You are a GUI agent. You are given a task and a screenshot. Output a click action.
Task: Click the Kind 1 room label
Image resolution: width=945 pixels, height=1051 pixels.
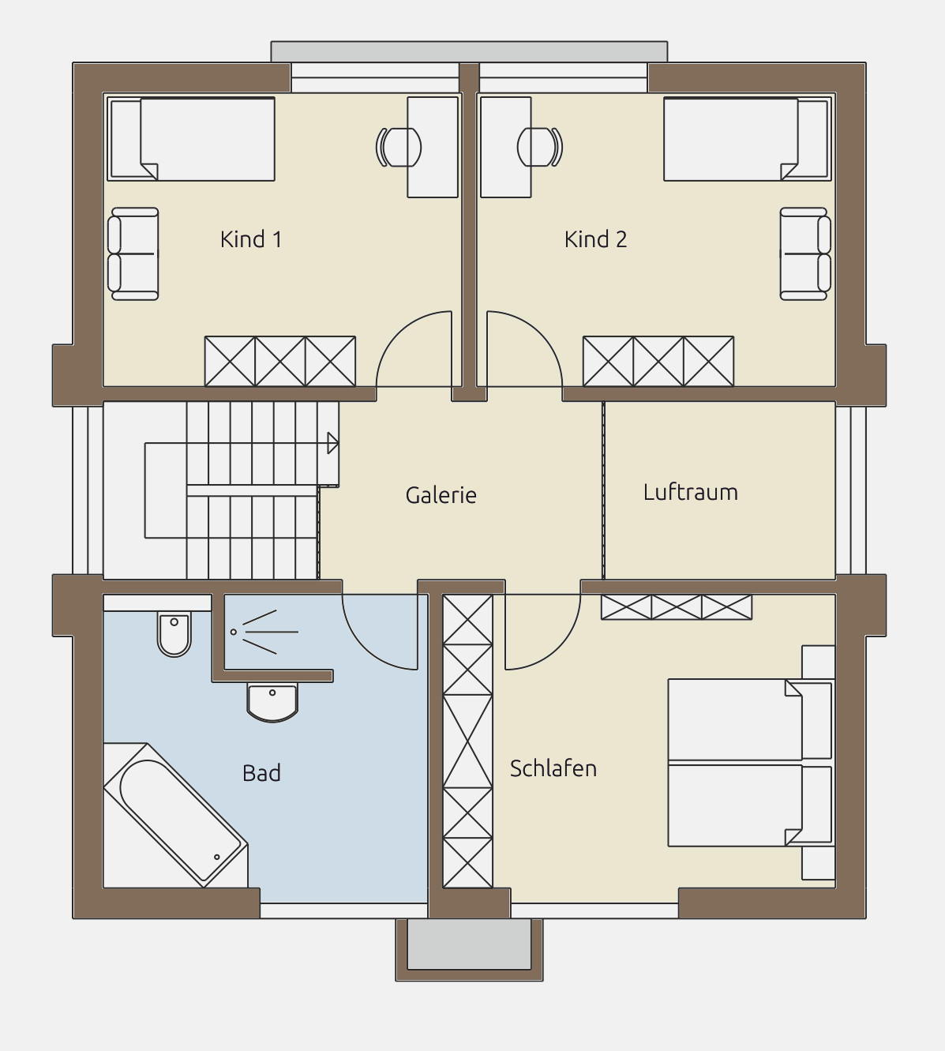pos(251,239)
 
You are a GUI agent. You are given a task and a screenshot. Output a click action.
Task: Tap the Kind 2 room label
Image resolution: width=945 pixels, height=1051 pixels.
pos(595,239)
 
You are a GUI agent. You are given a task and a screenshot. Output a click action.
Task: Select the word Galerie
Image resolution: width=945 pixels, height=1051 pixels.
pos(441,495)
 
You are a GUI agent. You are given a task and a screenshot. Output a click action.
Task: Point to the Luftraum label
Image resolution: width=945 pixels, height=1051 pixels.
pos(691,492)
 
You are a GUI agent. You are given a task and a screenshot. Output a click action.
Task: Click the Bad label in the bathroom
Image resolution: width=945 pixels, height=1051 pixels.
pos(261,773)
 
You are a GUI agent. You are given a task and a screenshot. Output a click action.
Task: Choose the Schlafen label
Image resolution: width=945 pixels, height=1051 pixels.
pos(553,768)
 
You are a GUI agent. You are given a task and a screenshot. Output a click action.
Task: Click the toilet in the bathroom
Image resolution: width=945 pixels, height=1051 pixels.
pos(174,634)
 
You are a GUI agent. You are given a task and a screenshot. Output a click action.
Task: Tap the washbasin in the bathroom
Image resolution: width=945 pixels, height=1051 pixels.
pos(272,703)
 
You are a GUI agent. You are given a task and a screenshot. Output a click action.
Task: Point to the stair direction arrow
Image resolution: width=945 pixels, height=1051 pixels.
pos(332,443)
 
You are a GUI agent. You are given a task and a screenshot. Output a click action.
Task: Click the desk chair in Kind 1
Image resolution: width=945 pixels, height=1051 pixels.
pos(398,147)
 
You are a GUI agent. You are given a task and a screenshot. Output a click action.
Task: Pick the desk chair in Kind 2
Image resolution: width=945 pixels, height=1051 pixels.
pos(540,147)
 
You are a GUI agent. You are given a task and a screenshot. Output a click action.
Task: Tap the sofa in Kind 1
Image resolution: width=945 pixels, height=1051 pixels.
pos(133,254)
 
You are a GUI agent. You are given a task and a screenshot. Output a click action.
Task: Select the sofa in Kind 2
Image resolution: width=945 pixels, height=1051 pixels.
pos(806,254)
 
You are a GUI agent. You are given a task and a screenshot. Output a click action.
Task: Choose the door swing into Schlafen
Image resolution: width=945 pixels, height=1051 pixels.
pos(558,647)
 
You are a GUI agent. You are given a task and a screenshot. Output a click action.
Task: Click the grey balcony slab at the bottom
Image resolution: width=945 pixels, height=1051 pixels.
pos(470,944)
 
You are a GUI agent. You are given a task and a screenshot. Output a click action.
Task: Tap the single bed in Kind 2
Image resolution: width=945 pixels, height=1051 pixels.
pos(748,139)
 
